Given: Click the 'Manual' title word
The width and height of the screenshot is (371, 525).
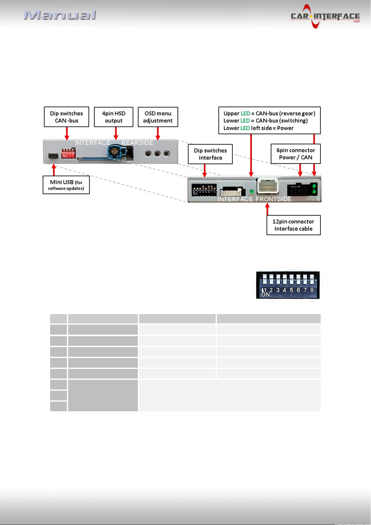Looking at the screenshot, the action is click(60, 15).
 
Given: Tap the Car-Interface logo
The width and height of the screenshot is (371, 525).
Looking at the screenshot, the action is click(325, 16).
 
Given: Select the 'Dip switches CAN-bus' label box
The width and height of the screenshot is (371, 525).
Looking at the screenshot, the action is click(67, 117).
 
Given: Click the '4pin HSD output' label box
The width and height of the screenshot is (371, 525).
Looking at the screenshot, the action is click(114, 117).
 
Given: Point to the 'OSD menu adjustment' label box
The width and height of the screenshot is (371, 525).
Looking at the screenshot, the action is click(158, 117).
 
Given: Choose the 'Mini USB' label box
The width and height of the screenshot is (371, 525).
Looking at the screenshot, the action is click(66, 185).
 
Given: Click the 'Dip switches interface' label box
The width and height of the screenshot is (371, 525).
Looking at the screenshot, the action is click(210, 154).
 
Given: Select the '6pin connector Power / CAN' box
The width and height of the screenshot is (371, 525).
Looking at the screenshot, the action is click(296, 154).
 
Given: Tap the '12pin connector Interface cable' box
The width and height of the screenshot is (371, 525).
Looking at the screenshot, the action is click(294, 225).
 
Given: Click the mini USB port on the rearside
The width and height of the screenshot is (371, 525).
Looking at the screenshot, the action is click(53, 156).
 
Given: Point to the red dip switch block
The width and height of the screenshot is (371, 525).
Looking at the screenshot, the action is click(68, 153).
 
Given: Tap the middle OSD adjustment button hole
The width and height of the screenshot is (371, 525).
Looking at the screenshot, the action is click(157, 154).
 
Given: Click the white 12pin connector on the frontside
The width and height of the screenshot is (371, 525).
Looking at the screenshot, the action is click(268, 186).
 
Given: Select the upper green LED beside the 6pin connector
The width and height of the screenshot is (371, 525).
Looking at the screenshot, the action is click(314, 186).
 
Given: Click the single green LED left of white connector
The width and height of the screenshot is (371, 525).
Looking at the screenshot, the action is click(251, 191).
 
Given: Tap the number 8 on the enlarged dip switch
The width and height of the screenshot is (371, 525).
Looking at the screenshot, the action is click(312, 290).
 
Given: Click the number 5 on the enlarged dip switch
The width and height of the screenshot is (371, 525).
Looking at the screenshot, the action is click(291, 290).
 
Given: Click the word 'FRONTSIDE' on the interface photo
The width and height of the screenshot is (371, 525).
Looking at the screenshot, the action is click(273, 199).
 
